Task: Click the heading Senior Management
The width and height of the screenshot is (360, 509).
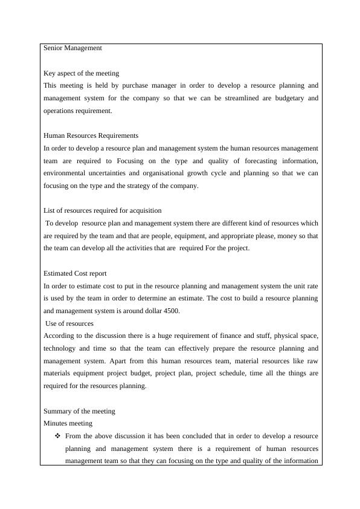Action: [x=72, y=48]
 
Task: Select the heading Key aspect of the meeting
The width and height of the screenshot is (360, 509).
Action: [x=82, y=73]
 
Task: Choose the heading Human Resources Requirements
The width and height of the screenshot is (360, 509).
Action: [x=91, y=135]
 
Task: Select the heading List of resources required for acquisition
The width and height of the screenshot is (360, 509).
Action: [x=103, y=210]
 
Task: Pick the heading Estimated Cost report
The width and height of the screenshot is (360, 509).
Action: [x=76, y=273]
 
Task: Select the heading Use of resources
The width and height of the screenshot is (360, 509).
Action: [x=69, y=323]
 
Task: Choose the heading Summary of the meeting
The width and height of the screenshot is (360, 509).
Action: [x=79, y=411]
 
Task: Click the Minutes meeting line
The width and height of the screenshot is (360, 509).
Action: [x=68, y=423]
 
